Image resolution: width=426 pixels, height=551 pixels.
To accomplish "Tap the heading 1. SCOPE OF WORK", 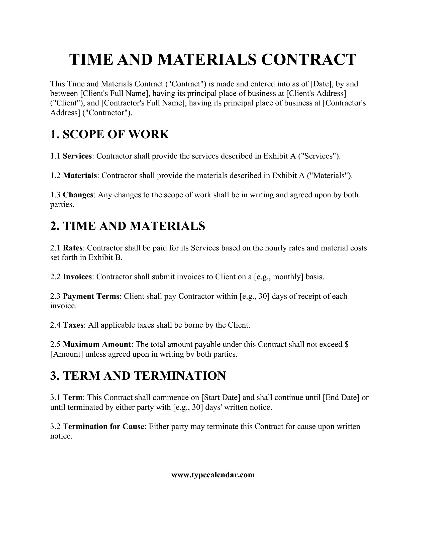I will (110, 134).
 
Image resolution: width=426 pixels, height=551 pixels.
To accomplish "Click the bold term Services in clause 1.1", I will (77, 156).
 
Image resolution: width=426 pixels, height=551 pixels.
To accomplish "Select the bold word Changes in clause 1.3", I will (78, 195).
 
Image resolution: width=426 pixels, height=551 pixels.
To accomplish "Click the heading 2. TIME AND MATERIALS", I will (128, 226).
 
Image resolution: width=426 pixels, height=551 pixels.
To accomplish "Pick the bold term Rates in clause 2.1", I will (73, 248).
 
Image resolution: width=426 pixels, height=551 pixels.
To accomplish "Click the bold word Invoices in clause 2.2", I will (77, 277).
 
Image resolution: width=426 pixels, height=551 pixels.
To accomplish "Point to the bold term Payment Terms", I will (91, 296).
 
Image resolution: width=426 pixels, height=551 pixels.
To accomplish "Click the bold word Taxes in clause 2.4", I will (73, 325).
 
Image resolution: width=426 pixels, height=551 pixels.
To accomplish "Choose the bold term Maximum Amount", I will (97, 344).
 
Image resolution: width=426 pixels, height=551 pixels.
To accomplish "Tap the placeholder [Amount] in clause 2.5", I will (67, 354).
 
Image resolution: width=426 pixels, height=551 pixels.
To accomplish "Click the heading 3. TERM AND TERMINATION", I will (138, 376).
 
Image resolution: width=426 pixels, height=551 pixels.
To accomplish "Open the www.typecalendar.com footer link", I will (213, 475).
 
